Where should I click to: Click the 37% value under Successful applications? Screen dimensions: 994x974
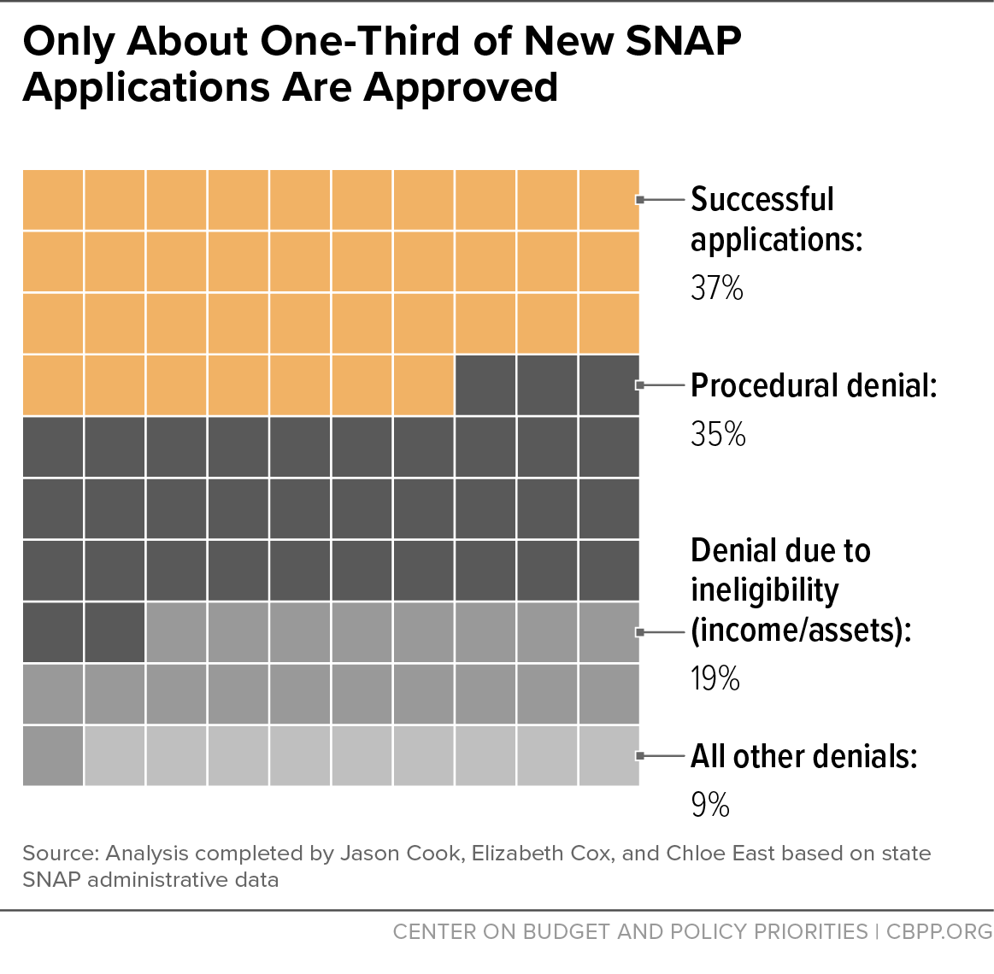tap(716, 288)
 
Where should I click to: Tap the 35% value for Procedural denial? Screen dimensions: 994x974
tap(718, 434)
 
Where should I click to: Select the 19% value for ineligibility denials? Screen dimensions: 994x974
tap(715, 678)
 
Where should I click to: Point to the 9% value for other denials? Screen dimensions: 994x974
tap(710, 804)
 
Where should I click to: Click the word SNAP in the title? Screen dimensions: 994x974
tap(683, 41)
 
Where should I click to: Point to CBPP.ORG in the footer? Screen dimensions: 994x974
tap(939, 931)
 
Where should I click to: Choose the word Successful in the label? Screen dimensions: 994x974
tap(762, 199)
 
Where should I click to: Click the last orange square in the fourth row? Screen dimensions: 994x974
tap(423, 385)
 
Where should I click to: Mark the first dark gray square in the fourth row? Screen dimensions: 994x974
tap(485, 385)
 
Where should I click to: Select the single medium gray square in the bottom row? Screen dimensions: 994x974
tap(53, 756)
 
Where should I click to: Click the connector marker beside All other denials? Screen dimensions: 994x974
tap(640, 755)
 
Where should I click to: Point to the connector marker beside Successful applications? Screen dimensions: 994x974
tap(640, 200)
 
